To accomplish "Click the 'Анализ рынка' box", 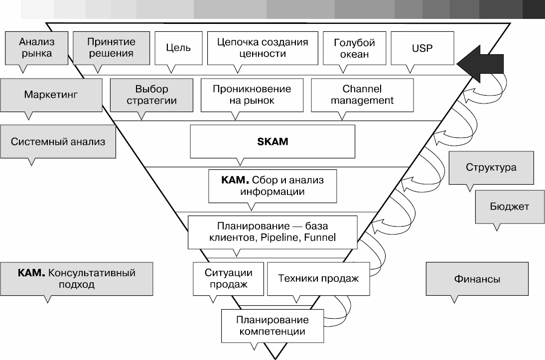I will [x=36, y=47].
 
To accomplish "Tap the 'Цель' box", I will [x=178, y=48].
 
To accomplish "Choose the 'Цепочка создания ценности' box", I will [x=262, y=48].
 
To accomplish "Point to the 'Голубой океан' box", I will [x=354, y=48].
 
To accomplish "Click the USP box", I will [x=422, y=48].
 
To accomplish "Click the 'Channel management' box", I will [x=362, y=95].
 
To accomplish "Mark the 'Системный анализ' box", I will [x=58, y=141].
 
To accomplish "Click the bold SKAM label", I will [x=272, y=141].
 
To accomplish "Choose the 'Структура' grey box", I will [x=491, y=167].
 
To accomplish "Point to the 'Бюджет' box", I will [x=509, y=206].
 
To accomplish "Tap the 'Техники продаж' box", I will [x=318, y=278].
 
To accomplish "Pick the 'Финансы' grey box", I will [x=477, y=279].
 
